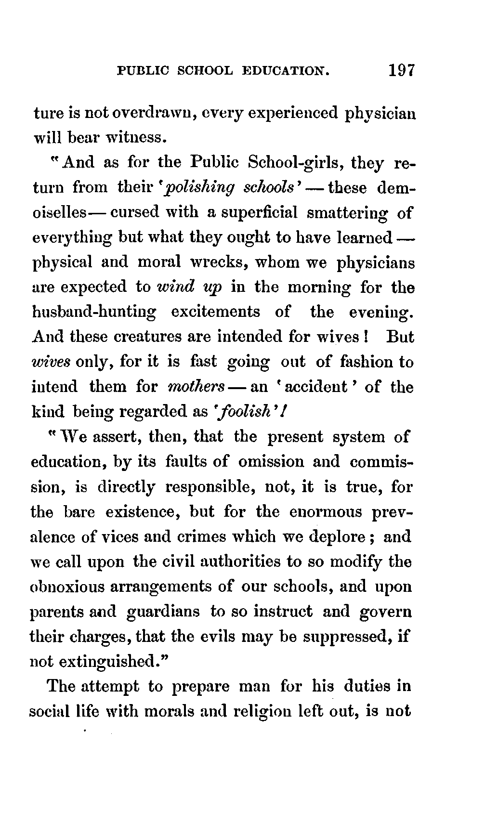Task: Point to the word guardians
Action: (x=163, y=612)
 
